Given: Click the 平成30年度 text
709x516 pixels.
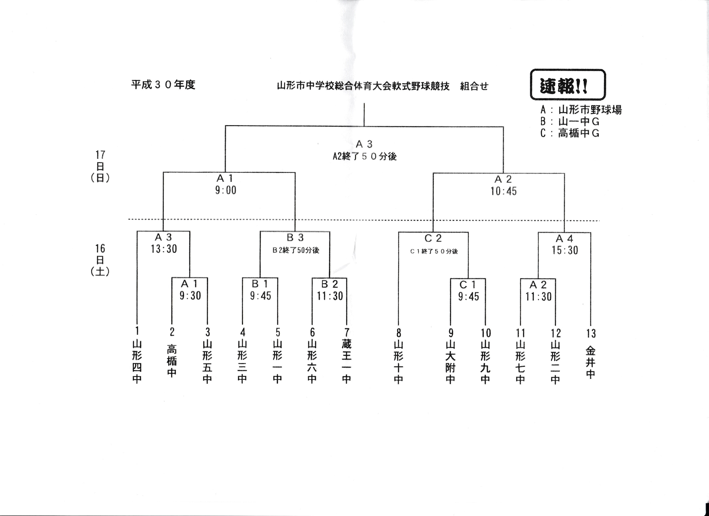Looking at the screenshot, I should (163, 85).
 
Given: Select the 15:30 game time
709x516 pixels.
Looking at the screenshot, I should (565, 250).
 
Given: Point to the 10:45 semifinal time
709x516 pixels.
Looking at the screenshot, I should (503, 191).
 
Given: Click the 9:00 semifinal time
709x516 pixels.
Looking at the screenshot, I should (226, 190).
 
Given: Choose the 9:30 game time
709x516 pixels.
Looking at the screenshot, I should (190, 295).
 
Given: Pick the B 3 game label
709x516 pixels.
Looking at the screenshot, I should (295, 238).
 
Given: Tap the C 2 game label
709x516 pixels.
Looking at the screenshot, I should (433, 238).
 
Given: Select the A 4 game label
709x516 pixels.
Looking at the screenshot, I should (564, 239).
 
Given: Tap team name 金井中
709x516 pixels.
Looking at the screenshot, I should (590, 363).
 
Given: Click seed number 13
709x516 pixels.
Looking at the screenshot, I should (590, 333).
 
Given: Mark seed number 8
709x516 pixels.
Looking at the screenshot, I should (398, 333).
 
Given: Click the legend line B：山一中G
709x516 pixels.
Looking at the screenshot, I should (570, 121).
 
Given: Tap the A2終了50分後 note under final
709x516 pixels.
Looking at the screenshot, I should (364, 156).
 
